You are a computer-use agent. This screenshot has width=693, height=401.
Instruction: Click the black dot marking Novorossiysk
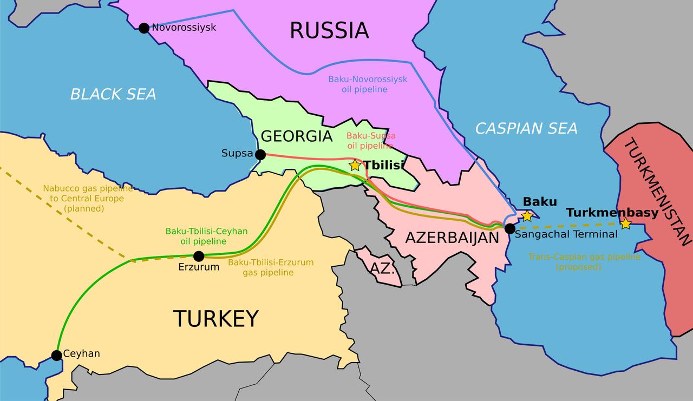tap(143, 28)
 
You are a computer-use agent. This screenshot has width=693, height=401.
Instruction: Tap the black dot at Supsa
tap(260, 155)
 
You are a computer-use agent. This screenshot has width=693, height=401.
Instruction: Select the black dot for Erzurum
tap(199, 256)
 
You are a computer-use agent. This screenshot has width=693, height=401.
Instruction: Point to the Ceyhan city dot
tap(56, 355)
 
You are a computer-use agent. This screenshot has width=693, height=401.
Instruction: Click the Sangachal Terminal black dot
tap(509, 228)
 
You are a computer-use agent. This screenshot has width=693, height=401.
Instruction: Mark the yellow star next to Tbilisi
tap(355, 165)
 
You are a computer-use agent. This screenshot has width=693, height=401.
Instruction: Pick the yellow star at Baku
tap(527, 216)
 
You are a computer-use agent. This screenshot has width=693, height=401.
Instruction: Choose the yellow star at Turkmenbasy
tap(625, 223)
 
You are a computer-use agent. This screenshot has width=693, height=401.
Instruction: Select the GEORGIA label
tap(296, 136)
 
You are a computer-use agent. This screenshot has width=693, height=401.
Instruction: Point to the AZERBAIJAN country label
tap(452, 238)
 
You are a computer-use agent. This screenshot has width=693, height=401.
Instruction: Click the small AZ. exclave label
tap(382, 268)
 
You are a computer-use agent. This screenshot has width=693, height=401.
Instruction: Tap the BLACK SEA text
tap(113, 94)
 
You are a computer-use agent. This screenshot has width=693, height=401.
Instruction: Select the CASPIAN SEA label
tap(526, 128)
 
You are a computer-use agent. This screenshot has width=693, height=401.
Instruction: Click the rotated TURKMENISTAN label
tap(657, 192)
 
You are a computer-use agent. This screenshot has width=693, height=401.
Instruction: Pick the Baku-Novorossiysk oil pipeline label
tap(368, 84)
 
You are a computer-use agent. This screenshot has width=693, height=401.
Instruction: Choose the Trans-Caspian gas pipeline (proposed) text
tap(584, 262)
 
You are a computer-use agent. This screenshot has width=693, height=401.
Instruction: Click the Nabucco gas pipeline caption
tap(88, 198)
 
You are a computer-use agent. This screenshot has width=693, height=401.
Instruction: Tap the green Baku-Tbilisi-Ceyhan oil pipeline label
tap(206, 236)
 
